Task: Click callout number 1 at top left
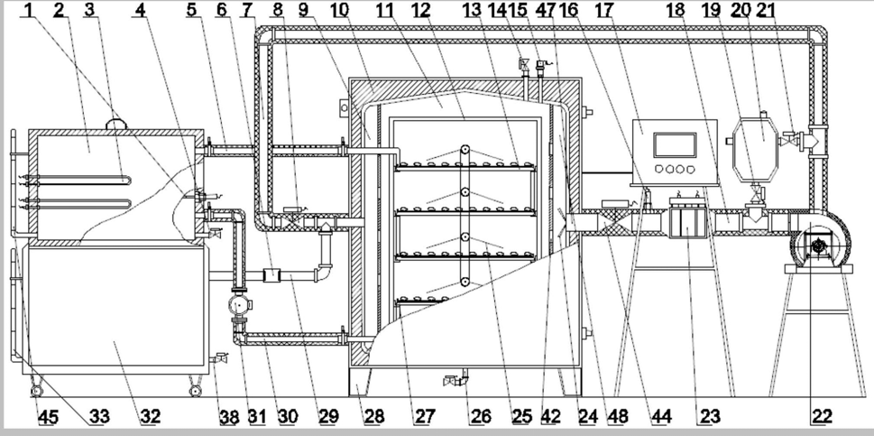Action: [x=28, y=11]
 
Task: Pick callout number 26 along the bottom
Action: [x=481, y=417]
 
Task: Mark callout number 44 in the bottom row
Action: [x=663, y=417]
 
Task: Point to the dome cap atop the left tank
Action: [x=116, y=123]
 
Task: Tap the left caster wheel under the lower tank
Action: [x=36, y=391]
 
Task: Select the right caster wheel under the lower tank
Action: [x=194, y=391]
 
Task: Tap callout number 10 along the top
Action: [x=339, y=11]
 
